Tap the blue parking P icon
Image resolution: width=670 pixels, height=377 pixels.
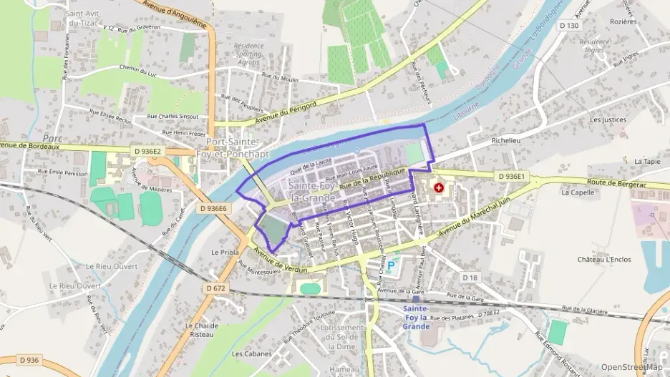click(392, 266)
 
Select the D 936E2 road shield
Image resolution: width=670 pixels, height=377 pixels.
click(148, 151)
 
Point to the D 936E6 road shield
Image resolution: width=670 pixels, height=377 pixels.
click(213, 208)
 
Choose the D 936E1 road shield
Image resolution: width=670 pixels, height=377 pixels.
click(510, 176)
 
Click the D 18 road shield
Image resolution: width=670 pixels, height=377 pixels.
click(470, 277)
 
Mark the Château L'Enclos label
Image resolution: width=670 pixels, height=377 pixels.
click(604, 259)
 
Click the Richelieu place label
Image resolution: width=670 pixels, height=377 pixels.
click(507, 141)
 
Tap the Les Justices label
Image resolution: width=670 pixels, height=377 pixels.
click(608, 120)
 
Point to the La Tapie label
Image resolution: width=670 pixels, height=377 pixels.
click(647, 162)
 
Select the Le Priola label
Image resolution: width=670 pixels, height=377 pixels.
click(224, 253)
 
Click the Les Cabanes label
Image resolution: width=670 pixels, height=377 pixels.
click(251, 353)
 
